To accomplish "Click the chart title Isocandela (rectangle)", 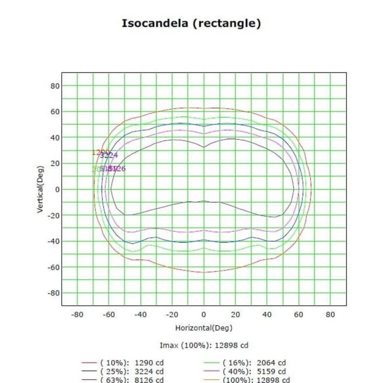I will tap(191, 23).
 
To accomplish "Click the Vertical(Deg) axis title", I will tap(41, 189).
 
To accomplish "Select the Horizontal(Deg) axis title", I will tap(204, 328).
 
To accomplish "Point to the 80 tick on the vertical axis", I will tap(55, 86).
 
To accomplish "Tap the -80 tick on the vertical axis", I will tap(53, 293).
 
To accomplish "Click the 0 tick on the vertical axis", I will tap(56, 190).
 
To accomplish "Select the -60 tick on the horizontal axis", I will tap(109, 315).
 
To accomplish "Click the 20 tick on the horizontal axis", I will tap(236, 315).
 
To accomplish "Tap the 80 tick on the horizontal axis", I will tap(330, 315).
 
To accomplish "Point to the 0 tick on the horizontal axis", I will tap(204, 315).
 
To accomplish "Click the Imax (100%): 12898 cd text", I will tap(204, 345).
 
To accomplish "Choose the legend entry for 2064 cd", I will tap(254, 363).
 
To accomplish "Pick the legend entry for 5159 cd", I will tap(254, 371).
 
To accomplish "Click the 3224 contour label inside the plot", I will tap(109, 155).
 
